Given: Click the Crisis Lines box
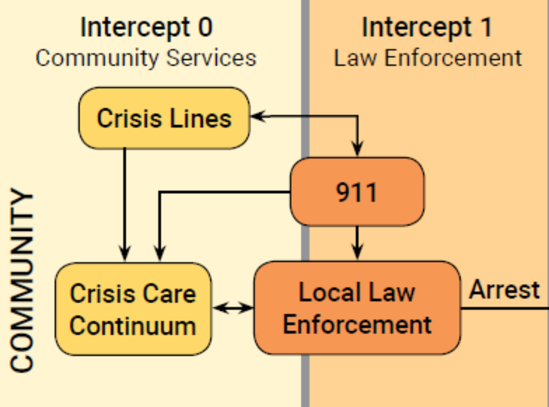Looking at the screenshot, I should (x=164, y=118).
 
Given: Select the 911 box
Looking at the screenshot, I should (x=357, y=192).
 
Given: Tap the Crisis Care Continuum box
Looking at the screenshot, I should (x=133, y=309).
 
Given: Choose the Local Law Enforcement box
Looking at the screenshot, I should (x=357, y=308).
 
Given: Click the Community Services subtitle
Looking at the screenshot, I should (x=146, y=58).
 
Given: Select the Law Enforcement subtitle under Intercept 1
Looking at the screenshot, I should (x=428, y=58).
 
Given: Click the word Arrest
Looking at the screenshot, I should (x=504, y=290).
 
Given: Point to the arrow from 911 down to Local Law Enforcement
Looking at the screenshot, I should (x=357, y=242).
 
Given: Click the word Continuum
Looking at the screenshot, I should (x=133, y=326).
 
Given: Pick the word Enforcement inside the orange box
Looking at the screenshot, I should (x=357, y=325).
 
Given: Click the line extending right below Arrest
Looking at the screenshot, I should (x=504, y=308).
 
